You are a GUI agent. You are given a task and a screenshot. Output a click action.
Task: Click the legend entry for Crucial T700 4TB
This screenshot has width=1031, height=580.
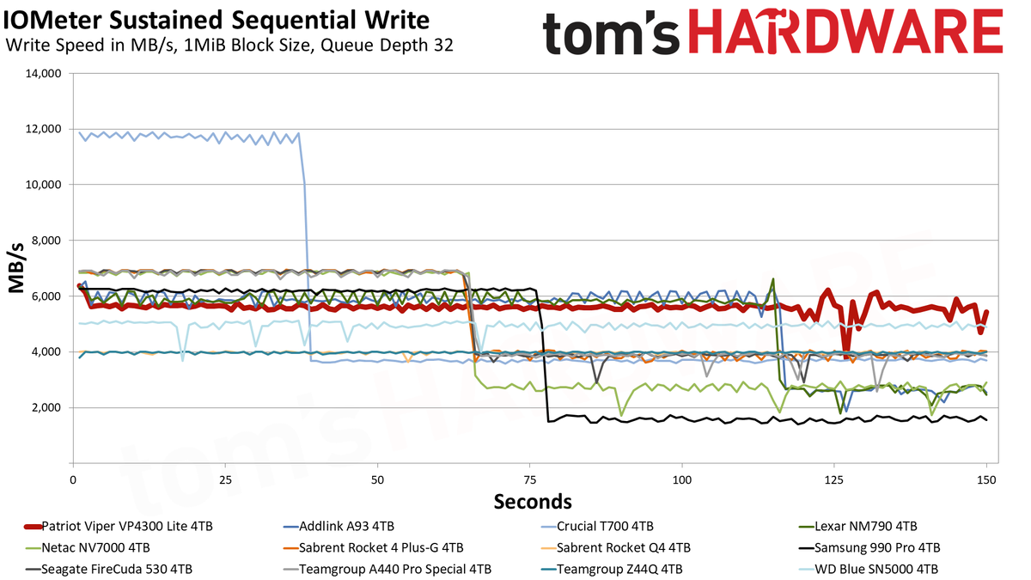(x=597, y=526)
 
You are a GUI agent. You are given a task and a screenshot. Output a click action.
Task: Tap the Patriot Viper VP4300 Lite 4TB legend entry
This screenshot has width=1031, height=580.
(x=119, y=526)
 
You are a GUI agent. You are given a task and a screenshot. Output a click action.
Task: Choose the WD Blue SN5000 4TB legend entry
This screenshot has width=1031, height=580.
(x=868, y=570)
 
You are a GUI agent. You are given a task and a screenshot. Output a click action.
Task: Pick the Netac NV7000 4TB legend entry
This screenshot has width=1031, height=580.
(x=88, y=548)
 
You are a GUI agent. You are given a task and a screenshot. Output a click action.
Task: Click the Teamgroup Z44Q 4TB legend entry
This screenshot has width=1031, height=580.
(x=611, y=570)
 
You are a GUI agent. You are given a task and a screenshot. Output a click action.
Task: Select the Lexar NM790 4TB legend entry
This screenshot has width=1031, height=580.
(x=858, y=526)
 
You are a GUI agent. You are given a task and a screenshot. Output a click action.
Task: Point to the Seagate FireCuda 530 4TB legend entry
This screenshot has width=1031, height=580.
(x=108, y=570)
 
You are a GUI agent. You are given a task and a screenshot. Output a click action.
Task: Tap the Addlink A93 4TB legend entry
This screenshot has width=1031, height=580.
(x=339, y=526)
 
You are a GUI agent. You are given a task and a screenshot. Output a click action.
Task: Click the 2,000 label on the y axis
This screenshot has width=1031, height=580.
(x=46, y=408)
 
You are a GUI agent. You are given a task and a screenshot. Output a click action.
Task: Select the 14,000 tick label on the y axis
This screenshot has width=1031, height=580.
(x=43, y=73)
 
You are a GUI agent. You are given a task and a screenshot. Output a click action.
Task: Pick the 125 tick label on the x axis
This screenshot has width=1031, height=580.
(x=834, y=480)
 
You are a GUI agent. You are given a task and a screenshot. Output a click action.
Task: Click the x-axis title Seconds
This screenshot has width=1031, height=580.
(x=533, y=501)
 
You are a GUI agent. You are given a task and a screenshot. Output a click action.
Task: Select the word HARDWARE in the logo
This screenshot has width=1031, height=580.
(x=846, y=32)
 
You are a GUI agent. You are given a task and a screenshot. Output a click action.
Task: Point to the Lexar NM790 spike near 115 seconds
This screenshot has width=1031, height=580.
(x=772, y=279)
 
